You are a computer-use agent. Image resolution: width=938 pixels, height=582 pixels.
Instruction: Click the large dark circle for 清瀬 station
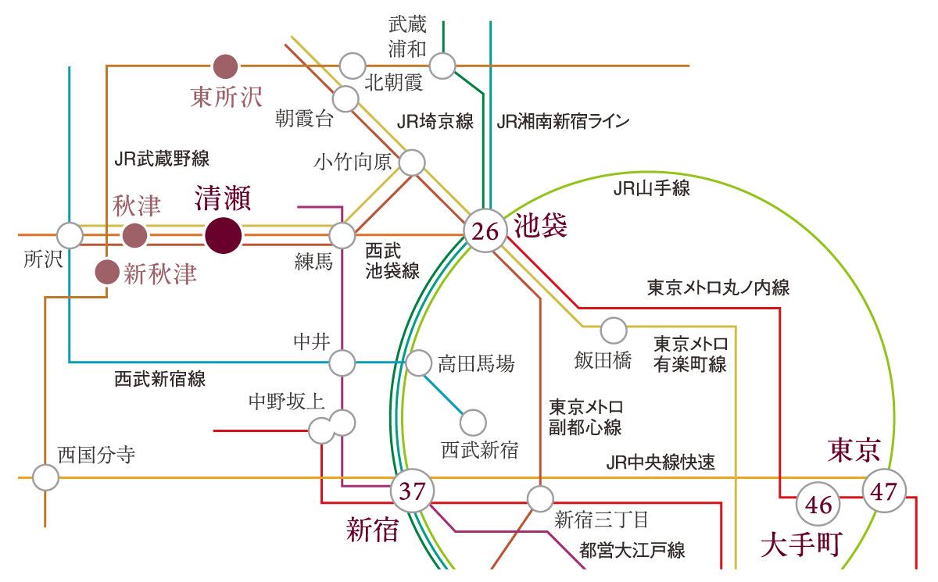(x=224, y=236)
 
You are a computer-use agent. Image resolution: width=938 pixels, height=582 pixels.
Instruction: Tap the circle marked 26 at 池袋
(x=485, y=230)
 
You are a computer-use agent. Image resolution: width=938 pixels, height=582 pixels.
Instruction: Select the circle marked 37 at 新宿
(x=413, y=491)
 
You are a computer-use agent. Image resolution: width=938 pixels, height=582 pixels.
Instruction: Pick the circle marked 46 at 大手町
(x=818, y=504)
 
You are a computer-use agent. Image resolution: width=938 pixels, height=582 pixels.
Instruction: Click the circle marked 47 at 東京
(x=884, y=491)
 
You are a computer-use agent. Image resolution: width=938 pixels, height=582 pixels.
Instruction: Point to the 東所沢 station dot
(x=225, y=66)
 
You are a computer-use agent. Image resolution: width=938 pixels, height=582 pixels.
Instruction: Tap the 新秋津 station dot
(x=107, y=272)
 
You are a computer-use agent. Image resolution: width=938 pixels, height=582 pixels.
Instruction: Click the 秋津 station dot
(x=134, y=235)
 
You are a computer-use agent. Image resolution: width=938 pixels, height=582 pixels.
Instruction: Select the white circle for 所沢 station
(x=70, y=235)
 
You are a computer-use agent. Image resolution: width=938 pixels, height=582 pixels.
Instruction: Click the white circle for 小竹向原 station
(x=412, y=162)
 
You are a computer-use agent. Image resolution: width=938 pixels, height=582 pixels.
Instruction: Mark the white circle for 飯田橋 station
(x=614, y=330)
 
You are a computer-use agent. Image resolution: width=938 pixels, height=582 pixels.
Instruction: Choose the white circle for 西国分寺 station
(x=45, y=477)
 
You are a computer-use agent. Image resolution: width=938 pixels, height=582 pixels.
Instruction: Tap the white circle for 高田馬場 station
(x=418, y=362)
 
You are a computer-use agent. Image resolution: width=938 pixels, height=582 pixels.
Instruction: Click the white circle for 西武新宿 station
(x=473, y=423)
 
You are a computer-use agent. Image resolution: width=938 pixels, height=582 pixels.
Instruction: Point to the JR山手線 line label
(x=652, y=188)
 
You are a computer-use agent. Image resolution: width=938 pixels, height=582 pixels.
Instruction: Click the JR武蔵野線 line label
(x=162, y=159)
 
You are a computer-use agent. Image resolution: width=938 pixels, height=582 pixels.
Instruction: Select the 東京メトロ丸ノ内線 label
(x=718, y=287)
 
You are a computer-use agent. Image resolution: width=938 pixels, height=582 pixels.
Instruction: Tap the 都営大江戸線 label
(x=632, y=550)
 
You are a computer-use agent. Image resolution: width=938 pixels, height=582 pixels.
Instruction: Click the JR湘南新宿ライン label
(x=563, y=121)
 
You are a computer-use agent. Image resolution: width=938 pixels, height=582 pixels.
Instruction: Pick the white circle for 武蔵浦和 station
(x=442, y=66)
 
